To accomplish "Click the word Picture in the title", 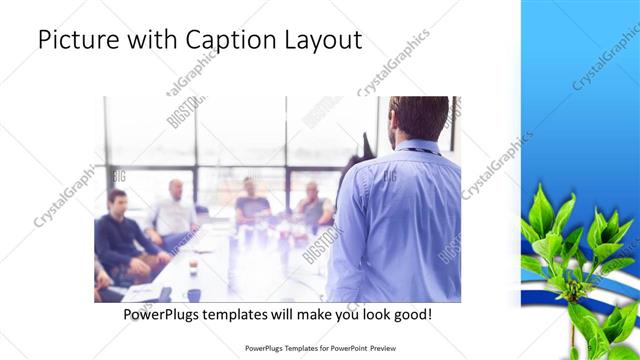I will pos(74,41).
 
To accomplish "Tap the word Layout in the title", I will pos(323,41).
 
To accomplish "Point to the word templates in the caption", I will pos(246,314).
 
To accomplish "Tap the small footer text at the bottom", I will pos(319,349).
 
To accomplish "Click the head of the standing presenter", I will pos(418,118).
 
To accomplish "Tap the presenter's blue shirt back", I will pos(395,220).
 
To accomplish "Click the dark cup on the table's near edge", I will pos(194,294).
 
